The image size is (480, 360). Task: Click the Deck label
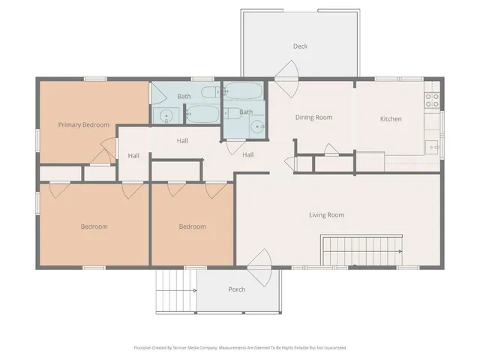click(x=300, y=46)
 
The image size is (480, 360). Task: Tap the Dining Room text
click(x=313, y=117)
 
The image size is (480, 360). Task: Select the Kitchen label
click(x=391, y=119)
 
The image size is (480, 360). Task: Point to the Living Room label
click(x=326, y=215)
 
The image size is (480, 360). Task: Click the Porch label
click(x=237, y=289)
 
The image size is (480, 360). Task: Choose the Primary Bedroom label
click(x=84, y=124)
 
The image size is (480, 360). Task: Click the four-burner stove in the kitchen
click(x=432, y=99)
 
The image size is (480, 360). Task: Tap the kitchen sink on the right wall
click(x=432, y=147)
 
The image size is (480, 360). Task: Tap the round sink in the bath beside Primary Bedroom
click(x=166, y=115)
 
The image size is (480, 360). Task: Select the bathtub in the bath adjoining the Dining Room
click(x=243, y=91)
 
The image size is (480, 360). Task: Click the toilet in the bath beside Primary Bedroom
click(x=208, y=93)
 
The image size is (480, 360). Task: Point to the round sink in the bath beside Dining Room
click(x=257, y=127)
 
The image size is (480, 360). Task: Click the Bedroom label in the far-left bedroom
click(x=94, y=226)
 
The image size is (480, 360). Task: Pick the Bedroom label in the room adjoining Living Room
click(x=192, y=226)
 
